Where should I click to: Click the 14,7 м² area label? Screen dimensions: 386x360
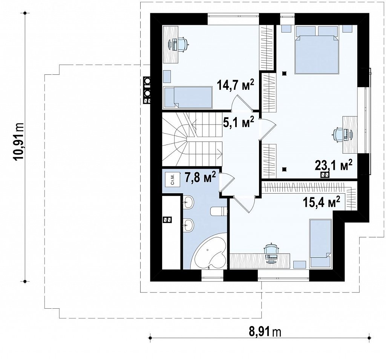[235, 85]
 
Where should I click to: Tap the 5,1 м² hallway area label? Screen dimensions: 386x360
[239, 122]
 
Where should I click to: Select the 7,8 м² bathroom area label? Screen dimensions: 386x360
[201, 177]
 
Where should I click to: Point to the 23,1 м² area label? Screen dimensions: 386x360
[334, 166]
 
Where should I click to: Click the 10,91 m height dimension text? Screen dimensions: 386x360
[19, 142]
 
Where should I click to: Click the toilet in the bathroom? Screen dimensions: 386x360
[219, 211]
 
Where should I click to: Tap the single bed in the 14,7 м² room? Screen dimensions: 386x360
[188, 97]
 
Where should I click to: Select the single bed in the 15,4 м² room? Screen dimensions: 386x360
[320, 243]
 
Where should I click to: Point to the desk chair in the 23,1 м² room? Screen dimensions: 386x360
[338, 135]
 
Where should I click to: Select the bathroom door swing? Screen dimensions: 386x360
[227, 182]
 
